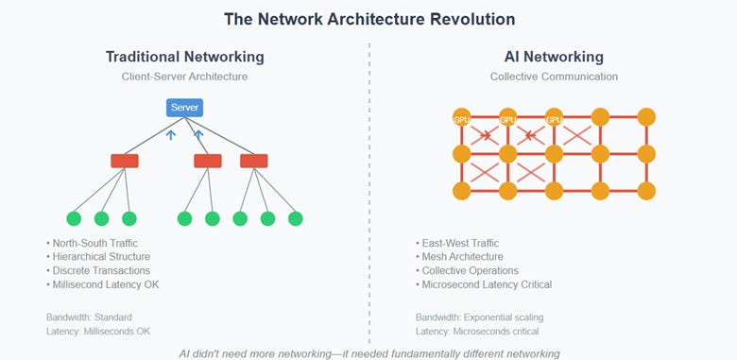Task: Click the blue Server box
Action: [x=184, y=108]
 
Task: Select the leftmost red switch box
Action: [x=125, y=161]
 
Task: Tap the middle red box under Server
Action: [x=208, y=161]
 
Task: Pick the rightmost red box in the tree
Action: [x=253, y=161]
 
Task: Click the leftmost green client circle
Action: [x=74, y=218]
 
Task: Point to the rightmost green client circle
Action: [x=295, y=218]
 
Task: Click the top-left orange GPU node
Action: [x=462, y=118]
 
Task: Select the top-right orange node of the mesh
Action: [x=646, y=118]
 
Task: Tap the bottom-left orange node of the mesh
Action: [x=462, y=191]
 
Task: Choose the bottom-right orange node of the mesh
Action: [x=646, y=191]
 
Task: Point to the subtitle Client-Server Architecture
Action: [x=184, y=77]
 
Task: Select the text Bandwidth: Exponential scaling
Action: [x=478, y=317]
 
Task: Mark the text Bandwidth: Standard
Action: [x=91, y=317]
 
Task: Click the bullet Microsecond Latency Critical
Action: [x=486, y=284]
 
